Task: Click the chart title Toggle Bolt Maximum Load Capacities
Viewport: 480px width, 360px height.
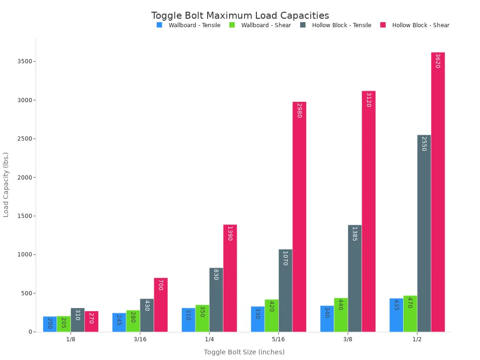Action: [x=240, y=15]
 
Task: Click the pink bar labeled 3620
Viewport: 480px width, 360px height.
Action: [x=438, y=192]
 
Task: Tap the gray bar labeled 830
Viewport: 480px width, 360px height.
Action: [x=216, y=300]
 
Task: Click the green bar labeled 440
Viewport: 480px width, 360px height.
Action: [x=341, y=315]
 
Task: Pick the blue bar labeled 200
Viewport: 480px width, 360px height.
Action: [x=50, y=324]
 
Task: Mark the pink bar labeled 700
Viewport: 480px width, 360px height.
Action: [x=160, y=305]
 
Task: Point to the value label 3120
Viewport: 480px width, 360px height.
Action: [x=368, y=100]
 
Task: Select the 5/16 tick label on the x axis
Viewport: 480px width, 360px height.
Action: [x=278, y=339]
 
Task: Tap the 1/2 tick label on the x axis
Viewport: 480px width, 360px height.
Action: [x=417, y=339]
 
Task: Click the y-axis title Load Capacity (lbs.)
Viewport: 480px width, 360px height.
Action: [x=6, y=184]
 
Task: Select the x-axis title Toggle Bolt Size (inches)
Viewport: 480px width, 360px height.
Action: [x=244, y=352]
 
